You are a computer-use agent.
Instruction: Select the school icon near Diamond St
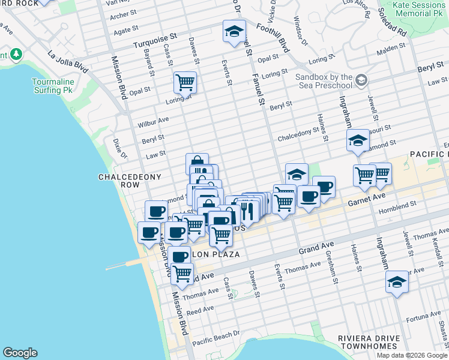tap(358, 140)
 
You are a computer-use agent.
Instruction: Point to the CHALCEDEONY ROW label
tap(122, 181)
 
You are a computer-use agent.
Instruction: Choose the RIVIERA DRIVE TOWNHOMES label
tap(369, 342)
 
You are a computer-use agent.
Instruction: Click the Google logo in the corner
tap(20, 353)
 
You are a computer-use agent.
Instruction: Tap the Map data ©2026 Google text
tap(411, 355)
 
